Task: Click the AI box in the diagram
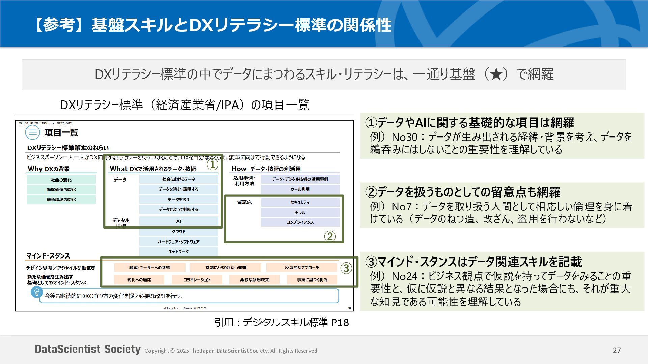179,221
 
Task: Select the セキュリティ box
300,202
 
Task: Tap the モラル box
300,212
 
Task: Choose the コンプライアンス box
300,222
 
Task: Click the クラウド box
179,232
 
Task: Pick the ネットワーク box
179,251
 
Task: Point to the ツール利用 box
300,189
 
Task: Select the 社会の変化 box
61,180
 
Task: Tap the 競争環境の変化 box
61,200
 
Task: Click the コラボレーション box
197,280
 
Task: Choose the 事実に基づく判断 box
312,280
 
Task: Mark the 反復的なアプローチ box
301,268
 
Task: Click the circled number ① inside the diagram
212,165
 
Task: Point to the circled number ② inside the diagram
330,236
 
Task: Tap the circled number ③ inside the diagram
346,268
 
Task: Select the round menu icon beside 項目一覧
33,132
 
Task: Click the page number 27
617,351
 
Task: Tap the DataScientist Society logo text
88,349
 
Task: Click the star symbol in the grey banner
496,74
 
